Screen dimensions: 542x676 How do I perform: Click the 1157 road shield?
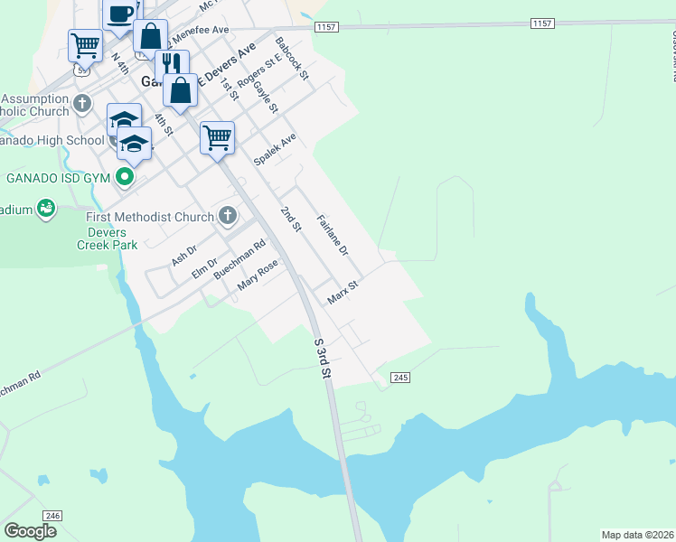click(326, 28)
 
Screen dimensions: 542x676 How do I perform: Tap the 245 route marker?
click(401, 376)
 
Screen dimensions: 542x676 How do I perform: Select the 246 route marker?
click(52, 515)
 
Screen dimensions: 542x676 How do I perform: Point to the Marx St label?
click(343, 292)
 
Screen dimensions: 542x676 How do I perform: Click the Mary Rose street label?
click(257, 276)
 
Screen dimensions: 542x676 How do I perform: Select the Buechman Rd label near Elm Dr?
click(239, 258)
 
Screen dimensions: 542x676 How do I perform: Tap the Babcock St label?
click(292, 56)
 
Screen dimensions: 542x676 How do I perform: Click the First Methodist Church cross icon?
click(228, 216)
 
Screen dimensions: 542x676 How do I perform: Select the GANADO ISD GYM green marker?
click(127, 177)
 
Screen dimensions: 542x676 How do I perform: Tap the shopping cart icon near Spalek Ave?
click(217, 137)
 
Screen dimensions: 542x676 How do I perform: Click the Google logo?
click(30, 531)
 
